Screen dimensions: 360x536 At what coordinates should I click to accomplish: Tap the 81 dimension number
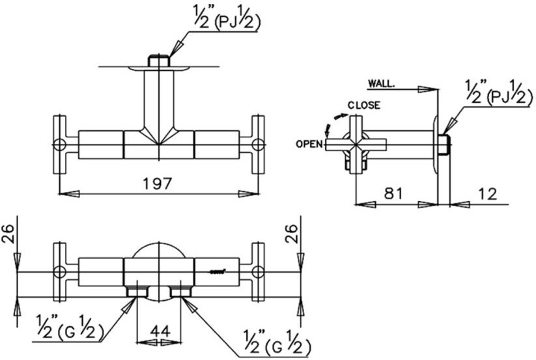click(x=393, y=193)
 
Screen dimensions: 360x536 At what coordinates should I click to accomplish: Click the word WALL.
click(x=382, y=83)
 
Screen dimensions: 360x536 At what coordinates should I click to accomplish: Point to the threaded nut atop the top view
click(x=158, y=61)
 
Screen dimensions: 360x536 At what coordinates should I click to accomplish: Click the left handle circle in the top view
click(x=59, y=145)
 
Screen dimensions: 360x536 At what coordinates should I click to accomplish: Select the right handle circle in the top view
click(x=257, y=145)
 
